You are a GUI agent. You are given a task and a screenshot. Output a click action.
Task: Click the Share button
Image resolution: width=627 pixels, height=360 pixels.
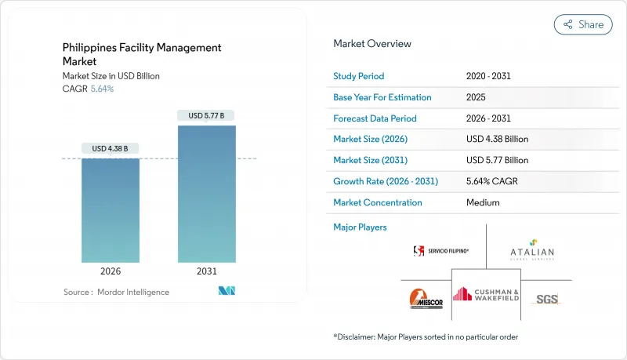tap(583, 24)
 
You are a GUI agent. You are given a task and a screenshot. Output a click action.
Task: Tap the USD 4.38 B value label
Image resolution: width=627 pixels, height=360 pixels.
tap(110, 149)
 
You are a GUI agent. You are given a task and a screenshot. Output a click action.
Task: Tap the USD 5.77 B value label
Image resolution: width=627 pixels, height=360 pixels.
tap(206, 115)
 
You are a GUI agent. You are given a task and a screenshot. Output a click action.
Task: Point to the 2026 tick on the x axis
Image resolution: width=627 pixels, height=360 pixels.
tap(110, 272)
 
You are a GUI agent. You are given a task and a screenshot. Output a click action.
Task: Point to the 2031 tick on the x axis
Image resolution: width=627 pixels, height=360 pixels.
tap(206, 272)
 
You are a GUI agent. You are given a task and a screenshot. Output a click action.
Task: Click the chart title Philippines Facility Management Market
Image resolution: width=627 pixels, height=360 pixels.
tap(140, 54)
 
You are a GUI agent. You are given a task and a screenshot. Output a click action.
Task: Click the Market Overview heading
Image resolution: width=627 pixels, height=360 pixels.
tap(371, 44)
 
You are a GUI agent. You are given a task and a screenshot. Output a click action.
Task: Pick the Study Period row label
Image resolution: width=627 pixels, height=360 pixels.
tap(359, 76)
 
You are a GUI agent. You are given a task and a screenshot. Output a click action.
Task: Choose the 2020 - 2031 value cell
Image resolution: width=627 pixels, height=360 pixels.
tap(490, 76)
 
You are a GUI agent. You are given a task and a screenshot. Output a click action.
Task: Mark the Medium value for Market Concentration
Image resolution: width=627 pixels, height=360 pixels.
tap(483, 202)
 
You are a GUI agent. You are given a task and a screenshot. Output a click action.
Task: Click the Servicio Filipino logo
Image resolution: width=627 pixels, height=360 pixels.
tap(441, 251)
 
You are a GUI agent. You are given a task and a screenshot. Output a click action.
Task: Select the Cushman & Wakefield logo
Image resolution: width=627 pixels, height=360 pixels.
tap(486, 294)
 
